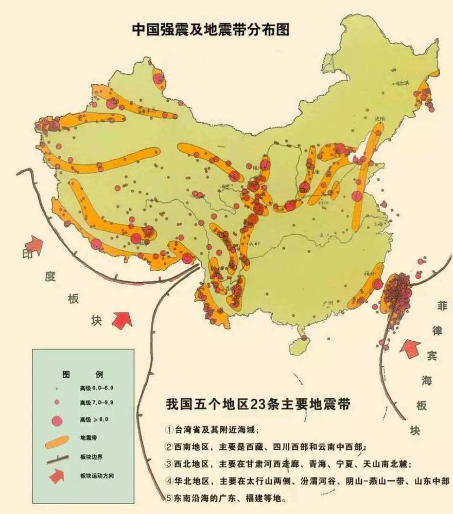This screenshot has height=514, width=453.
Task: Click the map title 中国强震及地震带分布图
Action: (211, 29)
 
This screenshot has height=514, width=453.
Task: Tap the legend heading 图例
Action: (82, 373)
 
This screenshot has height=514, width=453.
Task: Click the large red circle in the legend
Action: (57, 421)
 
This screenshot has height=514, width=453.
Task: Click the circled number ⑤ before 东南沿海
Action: (169, 498)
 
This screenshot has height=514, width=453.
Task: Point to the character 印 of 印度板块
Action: (27, 254)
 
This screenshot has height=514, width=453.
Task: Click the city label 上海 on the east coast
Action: (379, 225)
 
